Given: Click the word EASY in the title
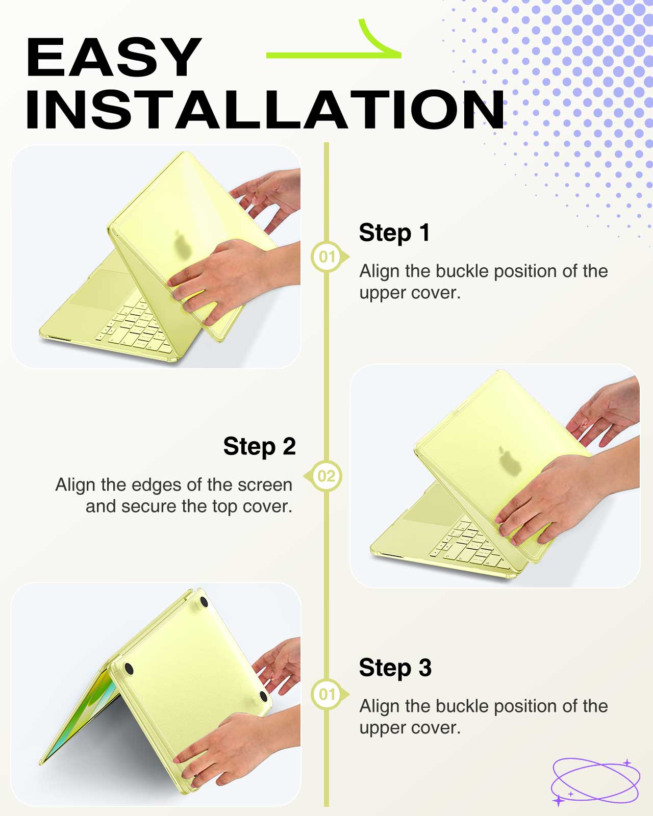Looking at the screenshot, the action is [113, 57].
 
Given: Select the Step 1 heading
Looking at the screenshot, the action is [394, 233].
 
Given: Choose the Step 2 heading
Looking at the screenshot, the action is [259, 446].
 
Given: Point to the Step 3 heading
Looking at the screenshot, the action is [395, 668].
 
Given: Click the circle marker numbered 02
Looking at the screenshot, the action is [326, 476].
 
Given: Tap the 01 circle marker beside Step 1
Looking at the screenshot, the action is [326, 257].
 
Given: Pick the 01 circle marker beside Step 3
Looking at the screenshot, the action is [326, 695].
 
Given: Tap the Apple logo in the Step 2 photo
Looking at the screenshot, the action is [510, 461].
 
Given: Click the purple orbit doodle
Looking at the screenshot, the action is [595, 782].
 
